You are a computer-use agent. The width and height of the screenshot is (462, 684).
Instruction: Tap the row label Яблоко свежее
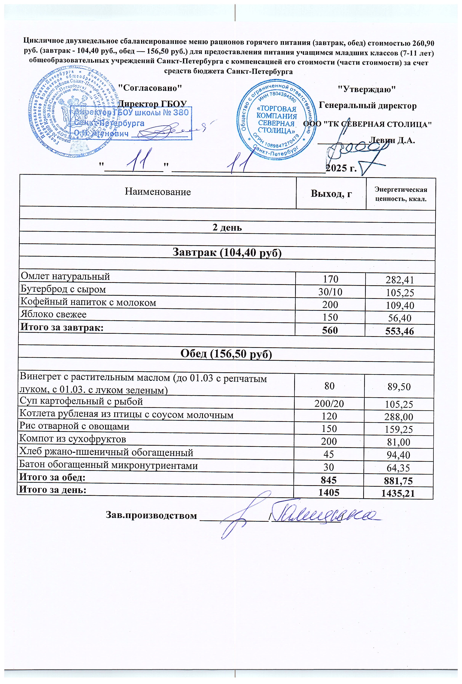coord(53,314)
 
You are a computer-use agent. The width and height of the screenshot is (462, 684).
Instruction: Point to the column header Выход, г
coord(331,194)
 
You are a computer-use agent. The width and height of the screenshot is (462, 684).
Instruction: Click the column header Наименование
coord(158,192)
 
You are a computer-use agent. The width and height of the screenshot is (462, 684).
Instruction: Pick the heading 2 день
coord(227,228)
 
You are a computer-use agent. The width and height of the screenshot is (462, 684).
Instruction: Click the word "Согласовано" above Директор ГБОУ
coord(150,88)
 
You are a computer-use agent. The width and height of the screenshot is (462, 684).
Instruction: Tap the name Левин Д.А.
coord(392,140)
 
